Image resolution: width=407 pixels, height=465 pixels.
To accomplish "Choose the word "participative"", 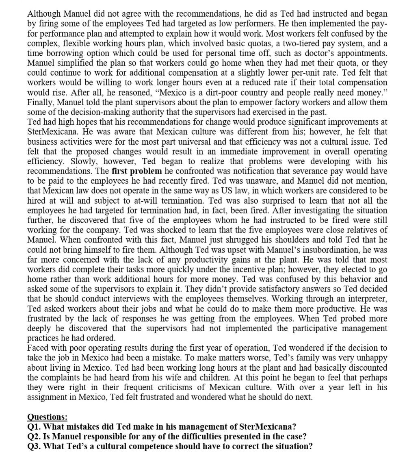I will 301,328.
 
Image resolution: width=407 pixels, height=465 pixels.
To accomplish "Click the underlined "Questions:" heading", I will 47,417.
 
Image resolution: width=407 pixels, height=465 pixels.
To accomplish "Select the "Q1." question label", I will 34,427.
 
